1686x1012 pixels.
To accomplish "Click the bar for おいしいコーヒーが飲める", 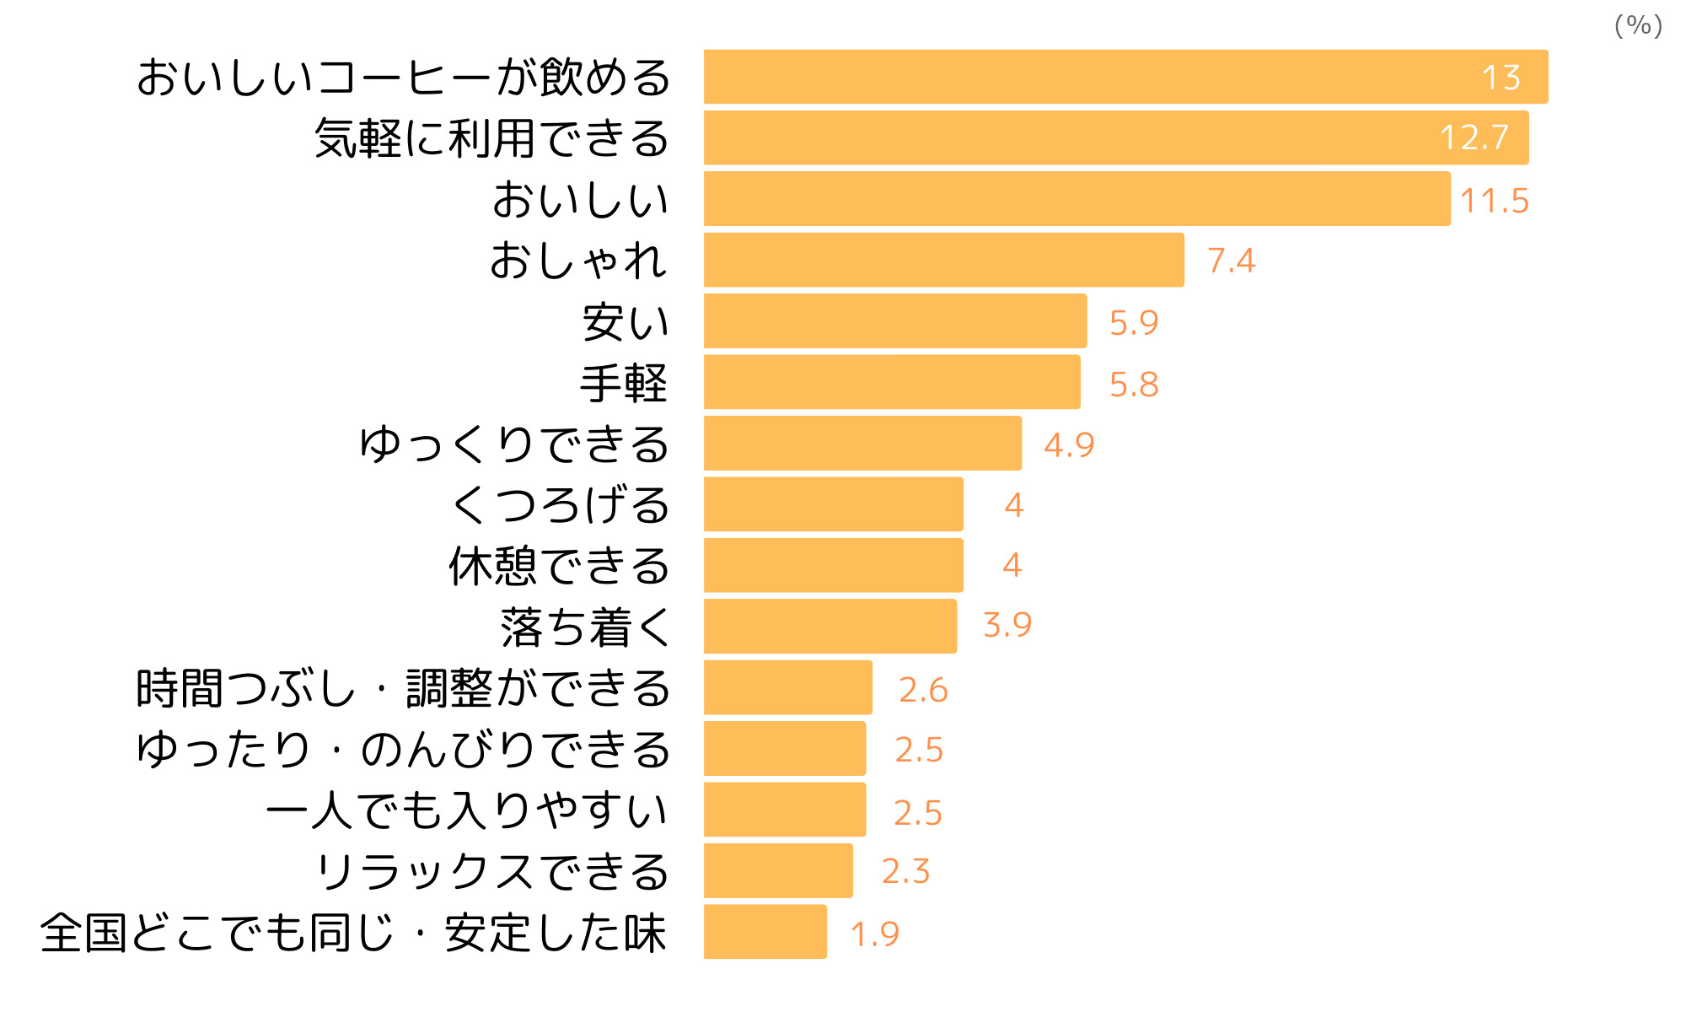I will (1125, 77).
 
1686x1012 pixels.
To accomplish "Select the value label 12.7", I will (1474, 137).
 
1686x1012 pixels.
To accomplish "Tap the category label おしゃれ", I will (579, 260).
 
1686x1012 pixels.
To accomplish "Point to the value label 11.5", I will (1494, 201).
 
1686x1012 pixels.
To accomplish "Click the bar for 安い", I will (895, 321).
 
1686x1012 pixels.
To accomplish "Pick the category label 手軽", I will (624, 383).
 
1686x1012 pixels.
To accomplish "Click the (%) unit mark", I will (1638, 25).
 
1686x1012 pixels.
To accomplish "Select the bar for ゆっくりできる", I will (862, 444).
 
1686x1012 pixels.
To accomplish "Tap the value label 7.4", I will (1231, 261).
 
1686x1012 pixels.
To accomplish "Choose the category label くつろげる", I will (561, 505).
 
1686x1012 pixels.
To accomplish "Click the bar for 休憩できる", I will (833, 565).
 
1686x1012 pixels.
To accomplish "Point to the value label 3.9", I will (1007, 625).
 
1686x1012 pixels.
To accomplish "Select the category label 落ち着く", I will (586, 627).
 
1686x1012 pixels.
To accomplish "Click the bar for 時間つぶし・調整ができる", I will (787, 687).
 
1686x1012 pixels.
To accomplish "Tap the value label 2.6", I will (923, 690).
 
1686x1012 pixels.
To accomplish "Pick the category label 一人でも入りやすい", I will (467, 810).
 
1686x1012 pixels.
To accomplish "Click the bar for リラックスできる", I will (778, 871).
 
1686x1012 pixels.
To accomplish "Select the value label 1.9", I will (874, 934).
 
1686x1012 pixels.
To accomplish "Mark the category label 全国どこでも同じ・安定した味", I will (353, 933).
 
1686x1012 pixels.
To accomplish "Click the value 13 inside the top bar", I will (1501, 78).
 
